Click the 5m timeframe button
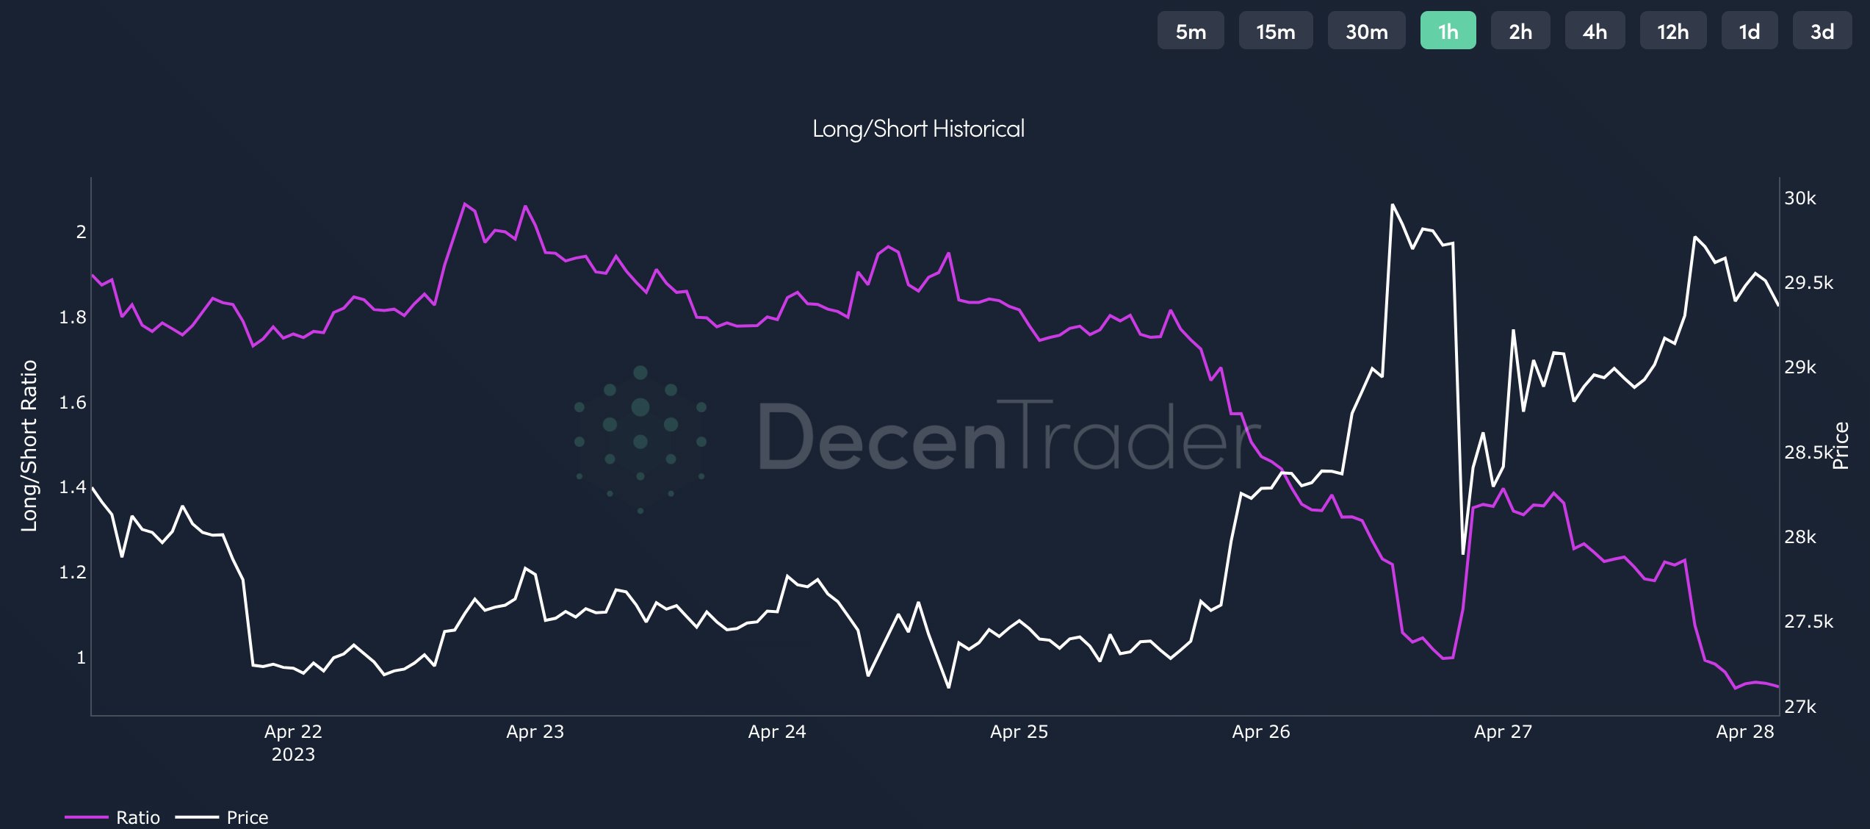pos(1190,31)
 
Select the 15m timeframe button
pos(1275,31)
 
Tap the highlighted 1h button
pos(1448,31)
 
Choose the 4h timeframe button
pos(1595,31)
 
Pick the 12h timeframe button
pos(1672,31)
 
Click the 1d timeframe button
pos(1749,31)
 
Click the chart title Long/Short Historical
pos(918,129)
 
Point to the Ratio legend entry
pos(137,817)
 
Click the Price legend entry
pos(247,817)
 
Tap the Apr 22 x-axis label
pos(293,732)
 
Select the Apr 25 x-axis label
pos(1019,732)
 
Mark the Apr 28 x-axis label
pos(1744,732)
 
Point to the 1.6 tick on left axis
pos(72,402)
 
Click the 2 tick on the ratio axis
pos(81,232)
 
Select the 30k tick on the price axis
pos(1800,198)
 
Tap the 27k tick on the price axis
pos(1800,707)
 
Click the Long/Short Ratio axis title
pos(29,445)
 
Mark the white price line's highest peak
pos(1392,205)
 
